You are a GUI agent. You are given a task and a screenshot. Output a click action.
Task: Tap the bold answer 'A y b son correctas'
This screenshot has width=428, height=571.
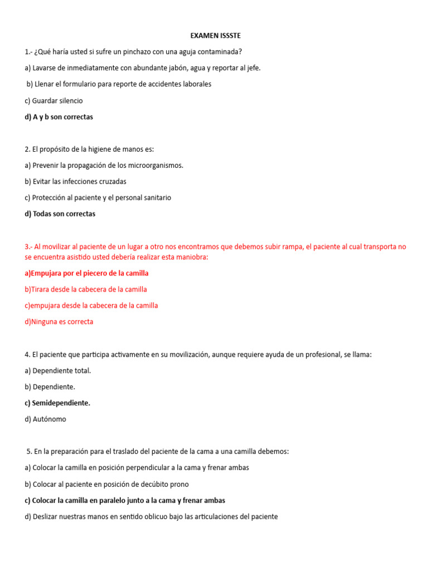[59, 117]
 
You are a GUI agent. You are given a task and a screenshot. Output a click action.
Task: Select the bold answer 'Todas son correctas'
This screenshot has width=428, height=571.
[60, 214]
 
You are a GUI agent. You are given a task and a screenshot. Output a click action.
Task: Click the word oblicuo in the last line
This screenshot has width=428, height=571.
[142, 516]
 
